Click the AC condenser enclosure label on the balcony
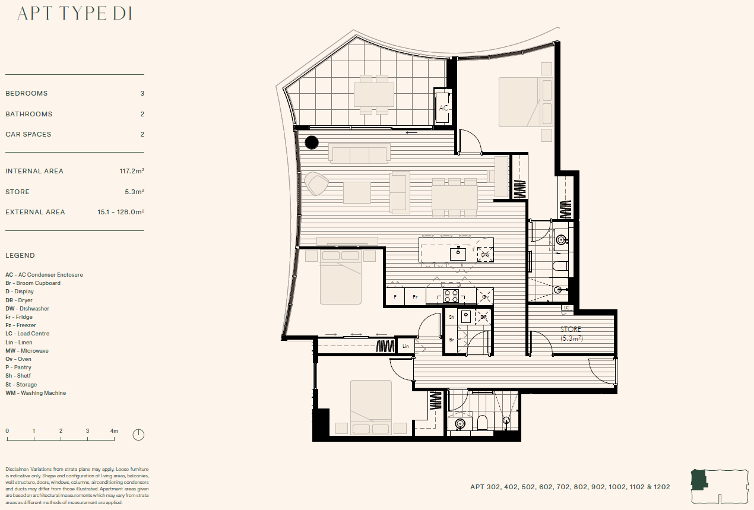pyautogui.click(x=443, y=107)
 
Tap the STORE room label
pyautogui.click(x=571, y=330)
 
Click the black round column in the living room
pyautogui.click(x=312, y=142)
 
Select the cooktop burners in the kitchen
pyautogui.click(x=451, y=296)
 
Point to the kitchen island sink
pyautogui.click(x=458, y=254)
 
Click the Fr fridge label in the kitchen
pyautogui.click(x=415, y=297)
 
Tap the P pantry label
pyautogui.click(x=395, y=297)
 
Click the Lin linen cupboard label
pyautogui.click(x=405, y=346)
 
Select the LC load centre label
pyautogui.click(x=566, y=308)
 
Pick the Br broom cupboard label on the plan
pyautogui.click(x=452, y=340)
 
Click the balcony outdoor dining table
pyautogui.click(x=373, y=94)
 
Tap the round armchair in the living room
pyautogui.click(x=316, y=183)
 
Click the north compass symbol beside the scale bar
pyautogui.click(x=138, y=435)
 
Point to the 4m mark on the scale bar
pyautogui.click(x=114, y=431)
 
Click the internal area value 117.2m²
pyautogui.click(x=132, y=170)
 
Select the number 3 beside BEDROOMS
pyautogui.click(x=142, y=93)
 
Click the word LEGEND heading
pyautogui.click(x=20, y=255)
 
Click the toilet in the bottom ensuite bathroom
pyautogui.click(x=482, y=423)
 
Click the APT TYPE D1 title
pyautogui.click(x=75, y=14)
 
